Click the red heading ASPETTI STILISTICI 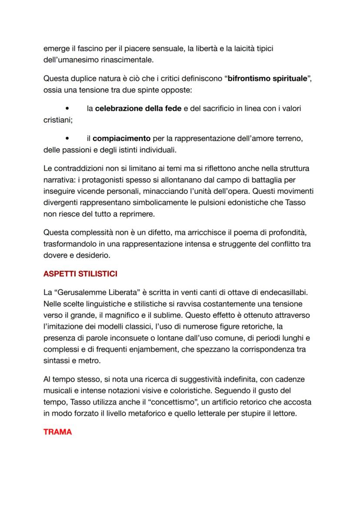tap(80, 275)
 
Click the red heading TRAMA tap(58, 432)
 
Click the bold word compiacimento tap(121, 139)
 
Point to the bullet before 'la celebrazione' tap(67, 109)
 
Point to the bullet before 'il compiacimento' tap(67, 139)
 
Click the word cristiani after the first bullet tap(58, 120)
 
